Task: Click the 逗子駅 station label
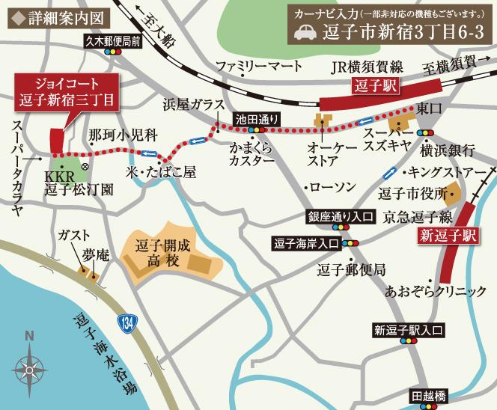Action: [374, 86]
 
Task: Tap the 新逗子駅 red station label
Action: [448, 236]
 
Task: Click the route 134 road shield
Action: [126, 323]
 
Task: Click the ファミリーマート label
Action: [259, 67]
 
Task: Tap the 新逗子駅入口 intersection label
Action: [409, 329]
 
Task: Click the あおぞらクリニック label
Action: [436, 291]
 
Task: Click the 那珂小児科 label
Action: [122, 135]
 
